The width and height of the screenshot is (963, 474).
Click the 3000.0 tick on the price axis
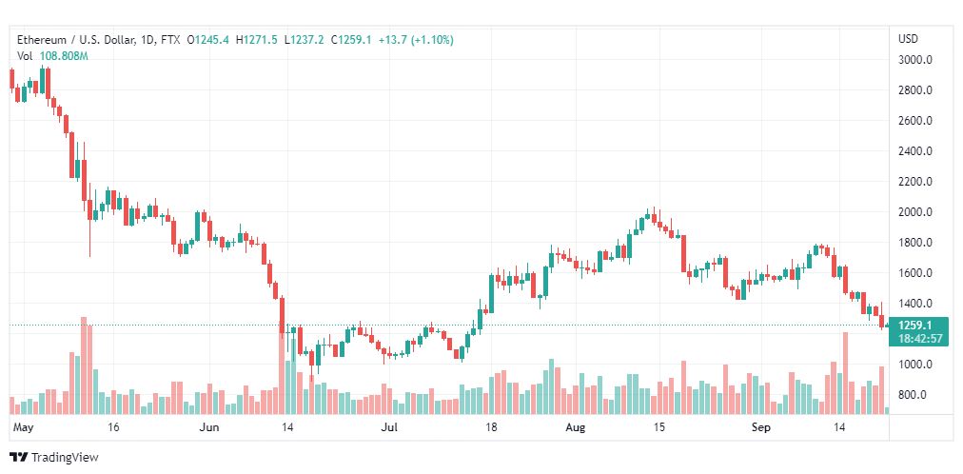915,60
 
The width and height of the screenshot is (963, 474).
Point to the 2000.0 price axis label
915,212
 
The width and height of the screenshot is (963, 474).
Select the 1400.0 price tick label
915,304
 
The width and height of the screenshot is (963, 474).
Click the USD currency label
908,39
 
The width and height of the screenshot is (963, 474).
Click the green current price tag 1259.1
918,326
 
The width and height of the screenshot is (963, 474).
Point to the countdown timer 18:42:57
918,338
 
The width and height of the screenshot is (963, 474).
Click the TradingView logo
54,458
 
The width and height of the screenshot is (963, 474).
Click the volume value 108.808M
65,56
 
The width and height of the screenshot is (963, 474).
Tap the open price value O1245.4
208,41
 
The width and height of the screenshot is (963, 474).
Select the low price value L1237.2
305,41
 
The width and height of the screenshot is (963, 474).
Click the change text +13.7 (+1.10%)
416,41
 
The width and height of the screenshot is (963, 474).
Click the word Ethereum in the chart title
41,41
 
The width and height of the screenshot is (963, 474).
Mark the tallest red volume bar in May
84,365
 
